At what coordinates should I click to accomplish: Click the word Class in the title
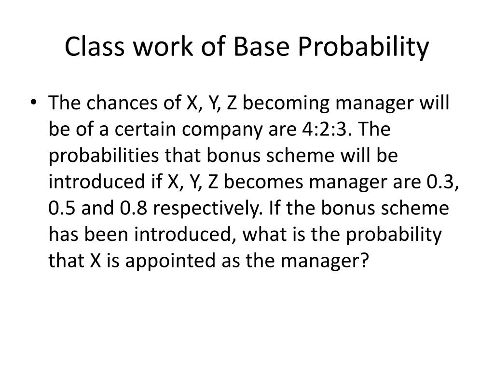coord(95,46)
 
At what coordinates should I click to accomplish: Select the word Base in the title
coord(261,46)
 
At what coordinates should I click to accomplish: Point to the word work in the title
coord(163,46)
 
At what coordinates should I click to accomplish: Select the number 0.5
coord(62,208)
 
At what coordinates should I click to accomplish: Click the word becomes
coord(263,182)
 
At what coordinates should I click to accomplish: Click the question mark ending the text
coord(364,261)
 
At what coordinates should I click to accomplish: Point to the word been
coord(106,235)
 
